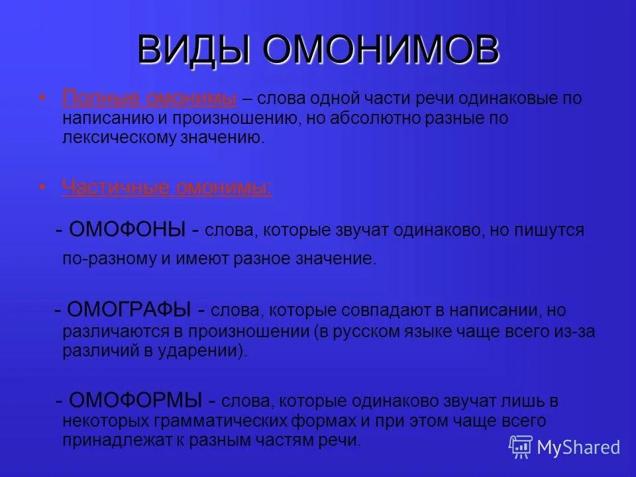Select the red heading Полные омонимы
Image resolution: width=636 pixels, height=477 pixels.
[150, 99]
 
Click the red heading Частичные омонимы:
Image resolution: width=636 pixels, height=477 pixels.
[167, 187]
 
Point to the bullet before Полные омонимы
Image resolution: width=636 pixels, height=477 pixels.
[43, 98]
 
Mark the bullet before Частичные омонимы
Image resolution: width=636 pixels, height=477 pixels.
[43, 187]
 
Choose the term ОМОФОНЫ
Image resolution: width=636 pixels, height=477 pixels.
[127, 230]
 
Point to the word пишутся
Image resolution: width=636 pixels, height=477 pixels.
[554, 231]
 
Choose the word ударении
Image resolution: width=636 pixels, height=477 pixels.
[209, 351]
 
